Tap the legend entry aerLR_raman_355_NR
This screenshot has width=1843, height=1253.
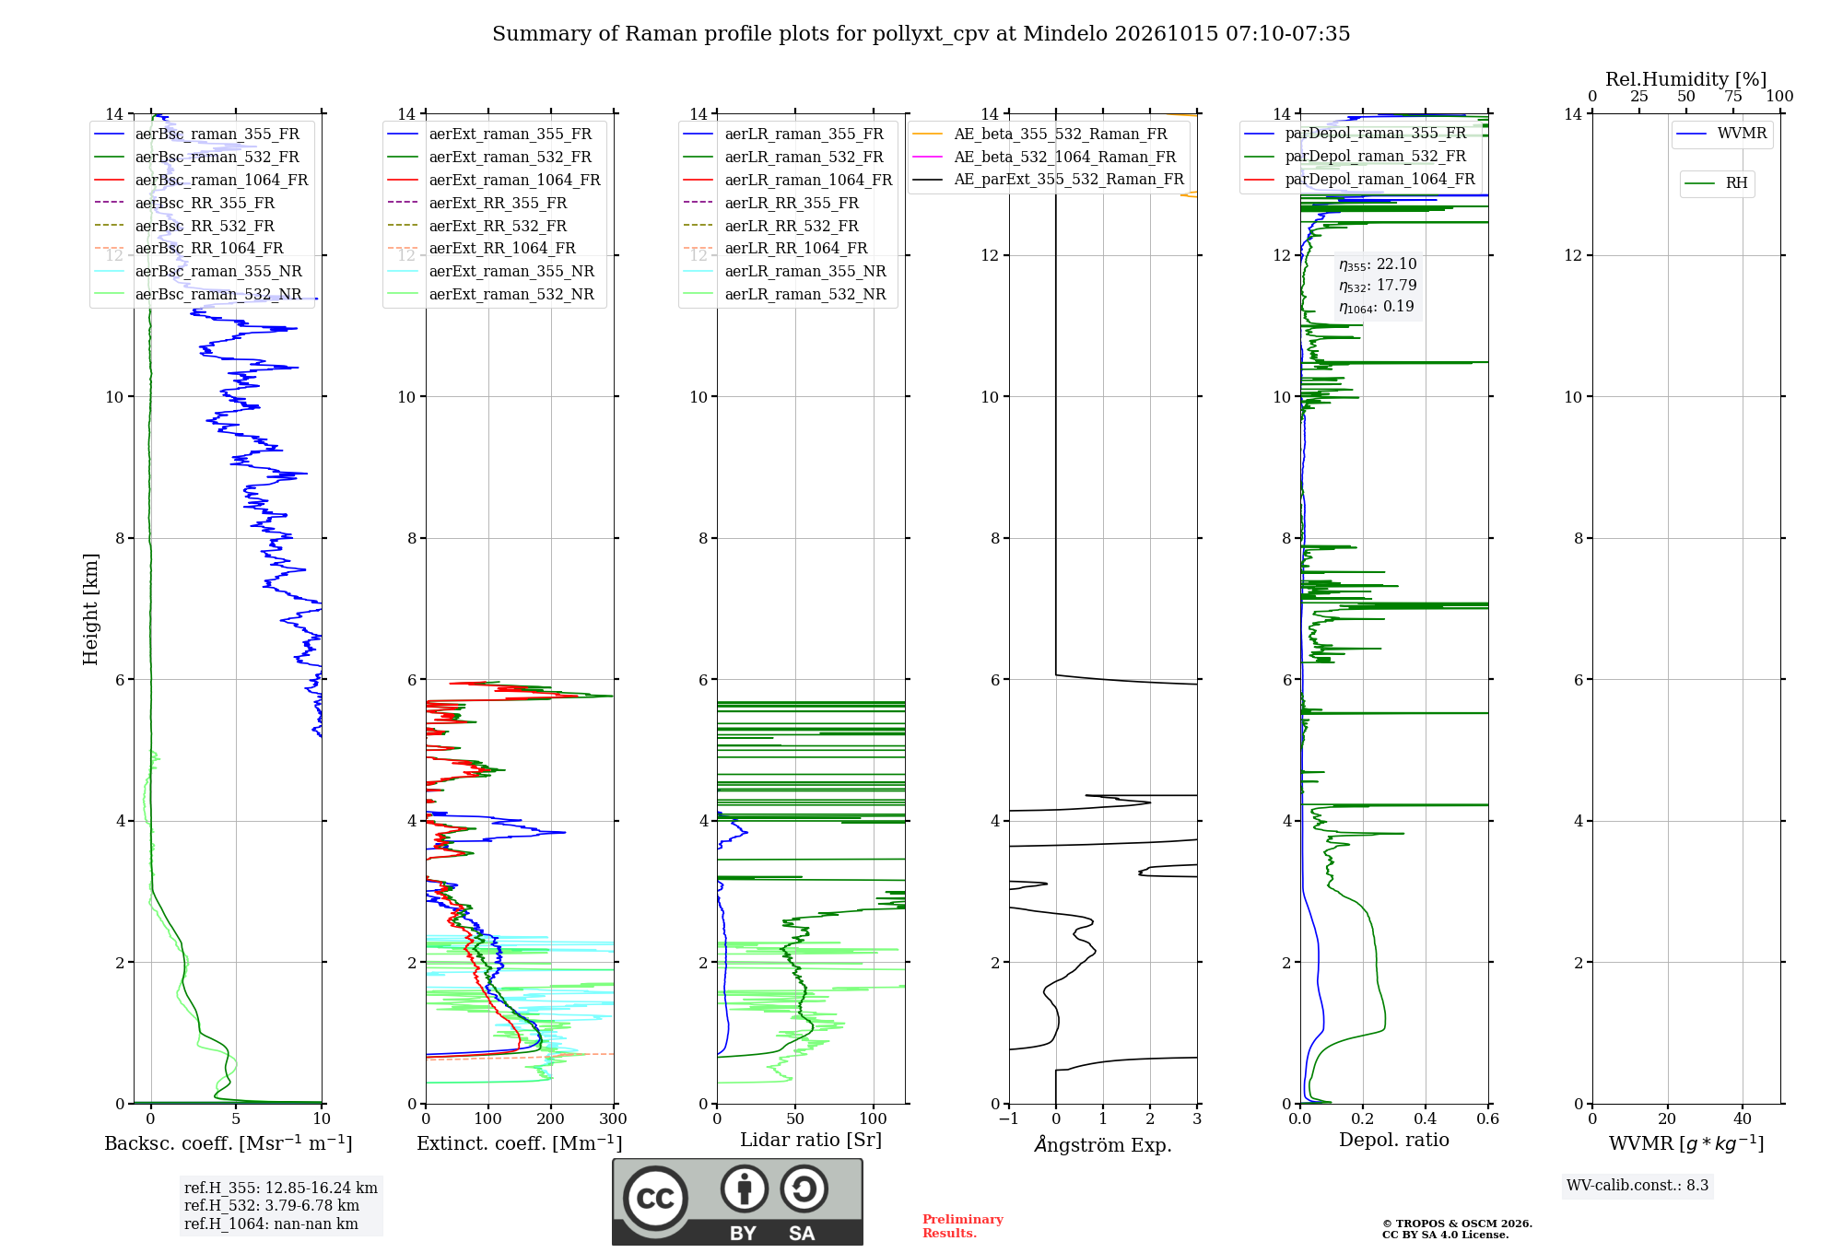784,271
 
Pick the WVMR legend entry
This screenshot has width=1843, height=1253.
1721,134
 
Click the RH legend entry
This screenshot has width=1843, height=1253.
1716,183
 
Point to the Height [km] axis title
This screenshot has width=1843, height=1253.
90,609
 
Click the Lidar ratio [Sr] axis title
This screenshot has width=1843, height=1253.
811,1140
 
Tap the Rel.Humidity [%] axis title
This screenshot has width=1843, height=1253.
1686,79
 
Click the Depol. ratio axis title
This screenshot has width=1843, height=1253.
1394,1140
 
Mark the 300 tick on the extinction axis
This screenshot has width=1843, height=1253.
613,1118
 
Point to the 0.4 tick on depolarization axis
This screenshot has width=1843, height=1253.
1426,1118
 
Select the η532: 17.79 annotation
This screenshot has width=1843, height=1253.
1378,286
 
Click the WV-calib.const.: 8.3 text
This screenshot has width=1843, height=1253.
1638,1186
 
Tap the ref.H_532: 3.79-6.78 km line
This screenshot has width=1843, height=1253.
272,1205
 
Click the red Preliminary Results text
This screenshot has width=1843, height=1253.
963,1226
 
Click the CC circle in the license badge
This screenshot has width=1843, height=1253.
655,1198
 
